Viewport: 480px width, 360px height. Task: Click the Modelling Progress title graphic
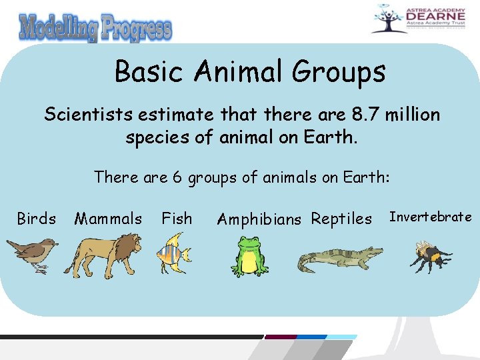pyautogui.click(x=95, y=29)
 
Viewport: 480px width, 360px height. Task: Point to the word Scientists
pyautogui.click(x=88, y=115)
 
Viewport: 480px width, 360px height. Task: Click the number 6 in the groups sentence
pyautogui.click(x=176, y=177)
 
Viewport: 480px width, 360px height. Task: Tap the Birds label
pyautogui.click(x=36, y=219)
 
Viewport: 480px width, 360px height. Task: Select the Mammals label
pyautogui.click(x=108, y=219)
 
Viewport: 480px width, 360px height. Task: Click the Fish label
pyautogui.click(x=177, y=219)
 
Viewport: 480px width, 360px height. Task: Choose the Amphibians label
pyautogui.click(x=259, y=219)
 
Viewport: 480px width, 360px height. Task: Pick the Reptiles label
pyautogui.click(x=341, y=219)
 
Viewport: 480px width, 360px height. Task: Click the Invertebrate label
pyautogui.click(x=430, y=217)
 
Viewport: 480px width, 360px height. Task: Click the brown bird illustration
pyautogui.click(x=32, y=255)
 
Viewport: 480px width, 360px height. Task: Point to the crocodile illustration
pyautogui.click(x=339, y=259)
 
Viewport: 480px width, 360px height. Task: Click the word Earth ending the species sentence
pyautogui.click(x=333, y=138)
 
